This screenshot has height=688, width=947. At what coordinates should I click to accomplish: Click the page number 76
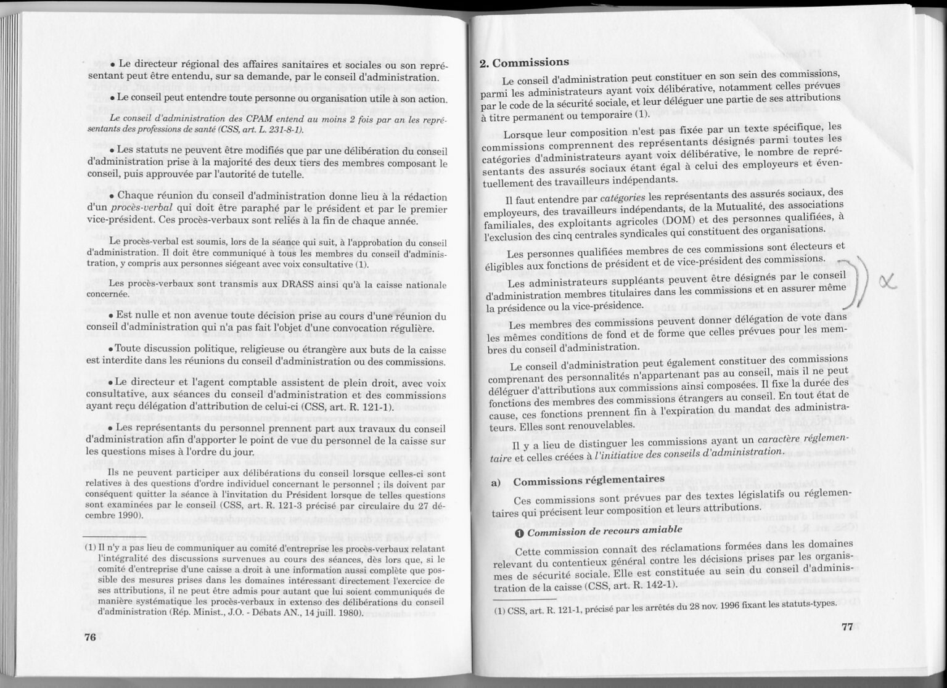pyautogui.click(x=90, y=637)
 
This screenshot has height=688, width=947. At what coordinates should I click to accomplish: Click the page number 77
pyautogui.click(x=847, y=627)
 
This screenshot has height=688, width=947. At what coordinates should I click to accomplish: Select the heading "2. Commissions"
pyautogui.click(x=524, y=62)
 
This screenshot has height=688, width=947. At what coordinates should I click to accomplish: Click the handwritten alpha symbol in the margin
pyautogui.click(x=887, y=282)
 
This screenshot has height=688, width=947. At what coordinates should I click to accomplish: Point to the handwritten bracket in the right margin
pyautogui.click(x=859, y=284)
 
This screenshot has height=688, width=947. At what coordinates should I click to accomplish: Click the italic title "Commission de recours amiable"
pyautogui.click(x=604, y=531)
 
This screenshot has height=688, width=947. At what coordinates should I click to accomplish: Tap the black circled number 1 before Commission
pyautogui.click(x=519, y=533)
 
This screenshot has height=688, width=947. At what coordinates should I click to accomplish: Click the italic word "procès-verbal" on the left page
pyautogui.click(x=141, y=208)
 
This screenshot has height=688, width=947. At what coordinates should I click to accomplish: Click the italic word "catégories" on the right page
pyautogui.click(x=622, y=198)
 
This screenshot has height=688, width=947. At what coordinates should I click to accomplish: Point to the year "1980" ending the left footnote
pyautogui.click(x=350, y=613)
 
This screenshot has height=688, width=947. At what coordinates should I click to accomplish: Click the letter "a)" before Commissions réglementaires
pyautogui.click(x=496, y=482)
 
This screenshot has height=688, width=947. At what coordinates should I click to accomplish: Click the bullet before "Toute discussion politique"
pyautogui.click(x=110, y=349)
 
